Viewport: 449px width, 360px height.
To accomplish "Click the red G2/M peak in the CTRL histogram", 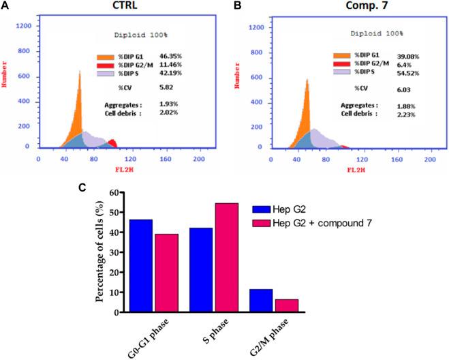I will [112, 142].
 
